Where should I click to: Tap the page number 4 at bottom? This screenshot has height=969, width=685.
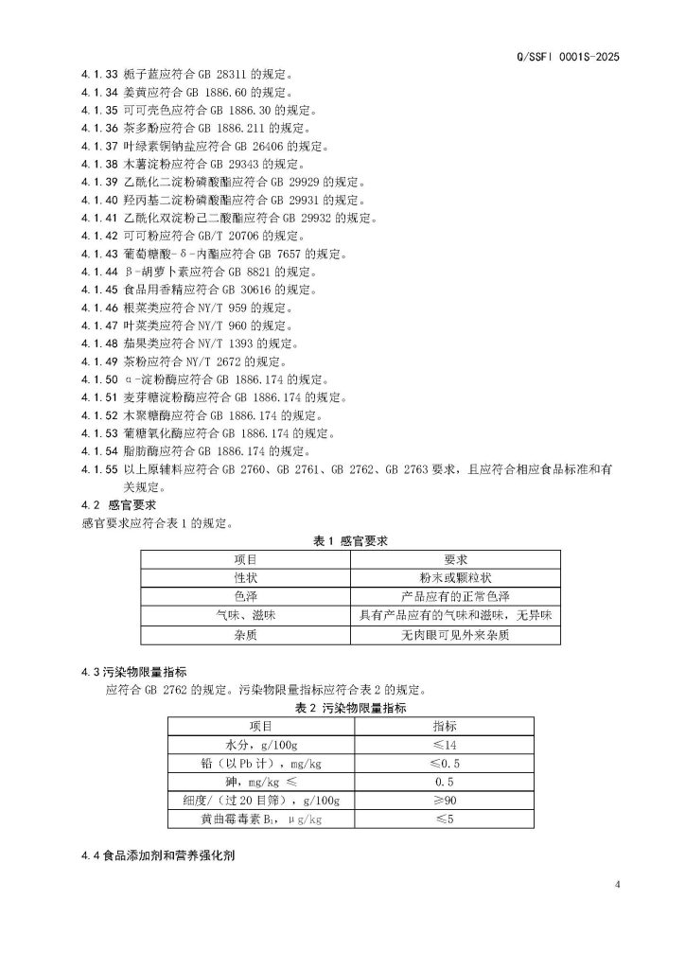coord(617,885)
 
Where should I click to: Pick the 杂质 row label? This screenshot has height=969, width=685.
coord(245,635)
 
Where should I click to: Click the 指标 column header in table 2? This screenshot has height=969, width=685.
coord(444,726)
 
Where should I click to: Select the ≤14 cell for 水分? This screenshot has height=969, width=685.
coord(444,745)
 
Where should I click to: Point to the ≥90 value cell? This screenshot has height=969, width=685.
coord(444,801)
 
